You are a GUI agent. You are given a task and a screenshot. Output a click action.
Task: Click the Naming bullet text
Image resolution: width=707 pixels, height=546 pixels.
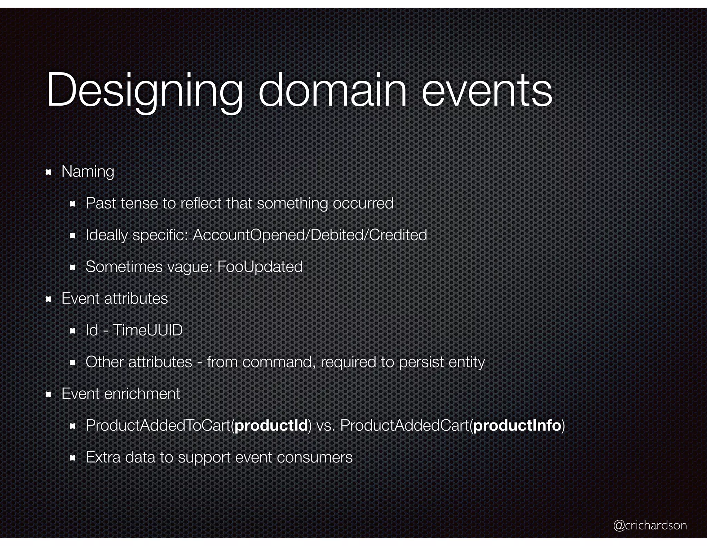coord(88,172)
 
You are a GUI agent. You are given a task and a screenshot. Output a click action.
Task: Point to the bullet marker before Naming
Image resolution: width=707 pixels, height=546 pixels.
coord(49,172)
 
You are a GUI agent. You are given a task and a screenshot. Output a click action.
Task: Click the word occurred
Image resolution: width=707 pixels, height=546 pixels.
coord(363,203)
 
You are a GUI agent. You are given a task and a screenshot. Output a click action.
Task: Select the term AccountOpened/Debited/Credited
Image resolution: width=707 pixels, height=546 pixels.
coord(310,235)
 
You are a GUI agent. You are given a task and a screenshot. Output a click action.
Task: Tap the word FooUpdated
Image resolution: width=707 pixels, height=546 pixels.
coord(260,267)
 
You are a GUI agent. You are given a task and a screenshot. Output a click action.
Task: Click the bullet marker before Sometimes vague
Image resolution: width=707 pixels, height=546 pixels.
coord(72,267)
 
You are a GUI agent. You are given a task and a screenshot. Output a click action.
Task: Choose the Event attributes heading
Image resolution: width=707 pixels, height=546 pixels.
coord(115,299)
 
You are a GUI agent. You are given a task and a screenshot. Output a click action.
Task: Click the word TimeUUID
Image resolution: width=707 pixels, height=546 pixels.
coord(147,330)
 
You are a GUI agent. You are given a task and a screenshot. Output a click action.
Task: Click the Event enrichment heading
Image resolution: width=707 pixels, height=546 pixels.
coord(121,394)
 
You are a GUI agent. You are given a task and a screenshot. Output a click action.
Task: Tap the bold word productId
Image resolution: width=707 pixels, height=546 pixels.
coord(271,426)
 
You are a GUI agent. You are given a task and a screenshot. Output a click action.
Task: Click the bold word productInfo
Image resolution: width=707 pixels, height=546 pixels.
coord(517,426)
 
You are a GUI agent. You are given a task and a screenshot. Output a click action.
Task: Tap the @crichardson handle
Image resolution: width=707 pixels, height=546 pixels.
coord(650,525)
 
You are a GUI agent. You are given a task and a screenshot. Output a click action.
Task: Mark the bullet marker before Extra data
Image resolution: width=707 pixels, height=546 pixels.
coord(72,458)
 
